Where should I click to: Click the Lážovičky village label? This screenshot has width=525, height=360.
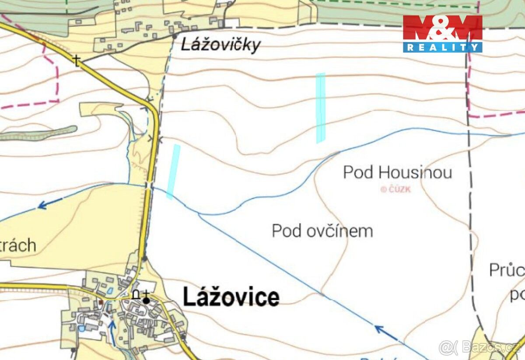pyautogui.click(x=221, y=45)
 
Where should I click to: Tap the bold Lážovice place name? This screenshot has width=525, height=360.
pyautogui.click(x=231, y=297)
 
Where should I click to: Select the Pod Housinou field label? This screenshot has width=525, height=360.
pyautogui.click(x=397, y=172)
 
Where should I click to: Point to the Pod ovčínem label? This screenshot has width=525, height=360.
pyautogui.click(x=322, y=231)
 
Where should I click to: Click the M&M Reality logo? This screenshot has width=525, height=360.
pyautogui.click(x=442, y=33)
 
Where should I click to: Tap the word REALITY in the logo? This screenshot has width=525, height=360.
pyautogui.click(x=442, y=47)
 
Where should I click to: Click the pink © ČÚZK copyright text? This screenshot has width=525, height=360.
pyautogui.click(x=395, y=189)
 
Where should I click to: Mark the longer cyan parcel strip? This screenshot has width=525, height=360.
pyautogui.click(x=321, y=108)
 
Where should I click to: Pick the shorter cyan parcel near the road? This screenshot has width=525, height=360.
pyautogui.click(x=173, y=171)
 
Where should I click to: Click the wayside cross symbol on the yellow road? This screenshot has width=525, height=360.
pyautogui.click(x=77, y=60)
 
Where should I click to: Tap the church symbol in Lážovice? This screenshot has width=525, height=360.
pyautogui.click(x=146, y=297)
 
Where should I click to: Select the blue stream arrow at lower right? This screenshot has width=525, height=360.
pyautogui.click(x=385, y=332)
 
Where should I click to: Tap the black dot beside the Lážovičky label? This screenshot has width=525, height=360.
pyautogui.click(x=175, y=36)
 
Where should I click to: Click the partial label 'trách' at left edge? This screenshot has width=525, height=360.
pyautogui.click(x=17, y=245)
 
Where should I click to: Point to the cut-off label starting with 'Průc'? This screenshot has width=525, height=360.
pyautogui.click(x=507, y=270)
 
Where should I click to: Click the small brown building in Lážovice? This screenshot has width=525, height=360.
pyautogui.click(x=101, y=302)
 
